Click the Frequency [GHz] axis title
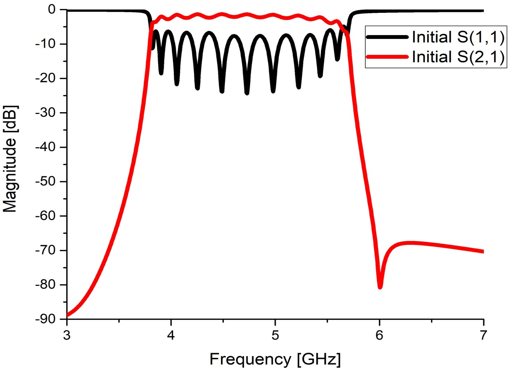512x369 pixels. tap(275, 359)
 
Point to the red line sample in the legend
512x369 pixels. tap(387, 57)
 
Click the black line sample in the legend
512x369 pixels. tap(387, 37)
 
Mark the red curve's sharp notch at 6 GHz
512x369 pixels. tap(380, 287)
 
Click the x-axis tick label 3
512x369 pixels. tap(67, 335)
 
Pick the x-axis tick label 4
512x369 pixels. tap(171, 335)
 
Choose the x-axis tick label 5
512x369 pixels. tap(275, 335)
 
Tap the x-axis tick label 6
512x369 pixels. tap(379, 335)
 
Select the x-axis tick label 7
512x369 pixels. tap(484, 335)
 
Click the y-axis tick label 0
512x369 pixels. tap(52, 9)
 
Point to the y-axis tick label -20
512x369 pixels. tap(46, 78)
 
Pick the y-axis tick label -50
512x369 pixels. tap(46, 182)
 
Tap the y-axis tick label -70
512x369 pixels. tap(46, 250)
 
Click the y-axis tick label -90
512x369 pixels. tap(46, 319)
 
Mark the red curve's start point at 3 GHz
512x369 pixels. tap(67, 315)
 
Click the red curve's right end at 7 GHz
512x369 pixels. tap(483, 251)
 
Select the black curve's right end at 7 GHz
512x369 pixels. tap(483, 11)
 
